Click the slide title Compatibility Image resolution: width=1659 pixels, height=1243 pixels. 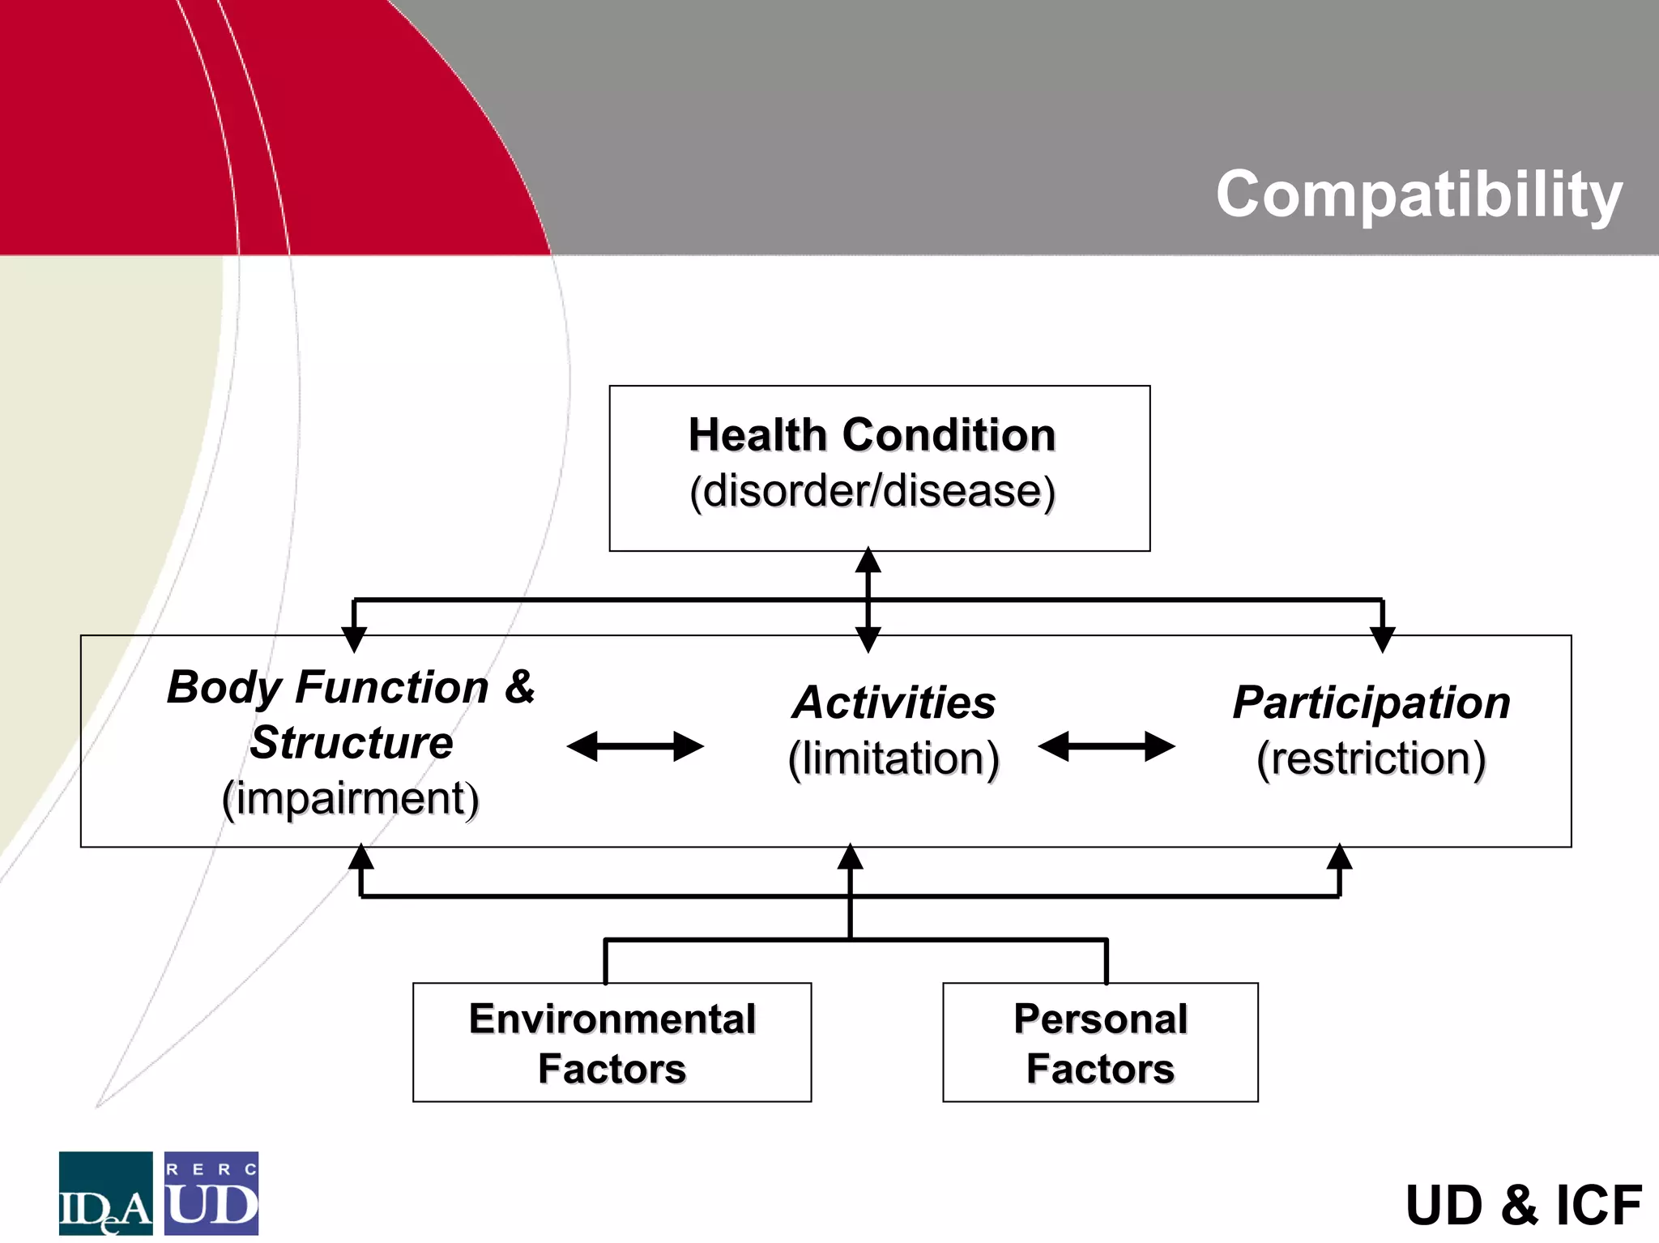click(x=1418, y=194)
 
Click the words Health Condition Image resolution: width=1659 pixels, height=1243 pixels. click(x=872, y=435)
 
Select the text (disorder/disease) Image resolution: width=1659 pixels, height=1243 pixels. click(x=872, y=491)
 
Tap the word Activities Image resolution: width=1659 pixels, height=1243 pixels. click(x=893, y=702)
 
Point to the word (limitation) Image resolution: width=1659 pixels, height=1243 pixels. click(x=893, y=758)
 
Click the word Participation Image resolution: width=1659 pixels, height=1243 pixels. click(x=1371, y=702)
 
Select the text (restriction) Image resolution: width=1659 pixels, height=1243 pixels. click(x=1371, y=758)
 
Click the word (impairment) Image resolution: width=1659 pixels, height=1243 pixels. click(x=350, y=798)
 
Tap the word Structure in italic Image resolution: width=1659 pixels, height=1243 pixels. click(x=351, y=742)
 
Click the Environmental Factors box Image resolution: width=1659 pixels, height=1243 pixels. click(x=612, y=1042)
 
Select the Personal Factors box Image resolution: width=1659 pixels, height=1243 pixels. click(x=1100, y=1042)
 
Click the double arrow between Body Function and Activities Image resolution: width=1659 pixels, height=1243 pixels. click(x=635, y=746)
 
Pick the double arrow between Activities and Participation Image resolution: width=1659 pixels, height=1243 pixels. click(x=1106, y=746)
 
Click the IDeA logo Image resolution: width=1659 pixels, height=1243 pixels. click(x=105, y=1193)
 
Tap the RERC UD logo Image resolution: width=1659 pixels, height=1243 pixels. click(x=211, y=1193)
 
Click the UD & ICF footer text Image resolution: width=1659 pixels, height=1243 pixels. click(x=1523, y=1205)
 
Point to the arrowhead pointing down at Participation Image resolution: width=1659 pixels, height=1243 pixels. click(x=1382, y=639)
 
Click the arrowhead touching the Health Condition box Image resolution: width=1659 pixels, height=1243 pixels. click(x=868, y=560)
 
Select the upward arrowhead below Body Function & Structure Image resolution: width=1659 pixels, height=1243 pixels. click(x=360, y=857)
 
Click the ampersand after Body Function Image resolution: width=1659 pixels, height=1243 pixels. click(x=519, y=686)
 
